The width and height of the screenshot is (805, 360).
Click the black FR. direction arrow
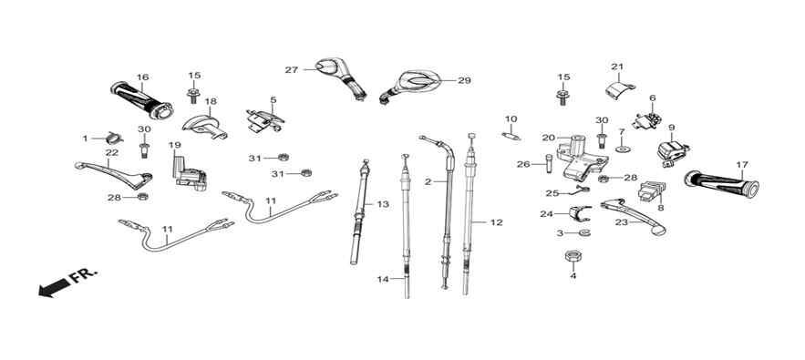tap(54, 288)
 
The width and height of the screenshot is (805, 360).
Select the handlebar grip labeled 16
tap(141, 99)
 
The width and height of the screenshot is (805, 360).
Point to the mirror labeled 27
tap(341, 78)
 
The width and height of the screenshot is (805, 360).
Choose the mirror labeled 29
tap(411, 85)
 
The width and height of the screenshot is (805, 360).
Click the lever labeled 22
tap(113, 173)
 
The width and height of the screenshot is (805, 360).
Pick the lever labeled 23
tap(634, 216)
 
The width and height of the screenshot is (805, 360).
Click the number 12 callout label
tap(496, 222)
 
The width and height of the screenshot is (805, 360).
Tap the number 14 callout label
tap(383, 280)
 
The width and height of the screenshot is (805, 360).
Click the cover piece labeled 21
tap(620, 90)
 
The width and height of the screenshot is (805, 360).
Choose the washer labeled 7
tap(622, 149)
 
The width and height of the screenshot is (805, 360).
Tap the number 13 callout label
tap(383, 204)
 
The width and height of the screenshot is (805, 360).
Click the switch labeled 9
tap(669, 152)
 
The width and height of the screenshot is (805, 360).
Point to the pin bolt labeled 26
tap(548, 164)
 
